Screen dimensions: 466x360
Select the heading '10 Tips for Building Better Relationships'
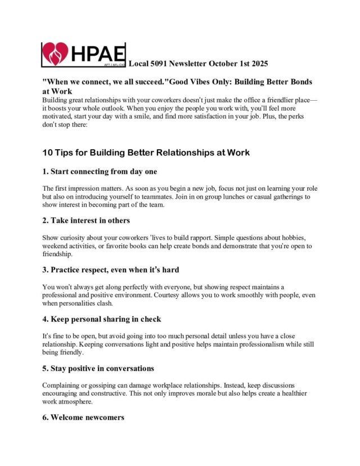[x=146, y=152]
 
